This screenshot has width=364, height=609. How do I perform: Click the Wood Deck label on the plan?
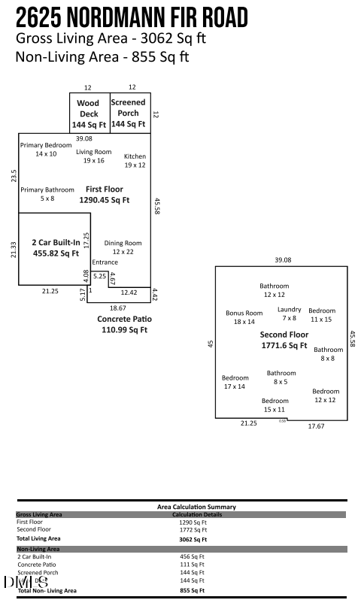click(x=89, y=114)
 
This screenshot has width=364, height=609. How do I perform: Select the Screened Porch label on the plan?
click(x=129, y=113)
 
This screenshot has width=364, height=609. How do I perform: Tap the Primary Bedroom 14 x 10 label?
click(x=46, y=149)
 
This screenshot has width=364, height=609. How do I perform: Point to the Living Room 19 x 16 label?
click(x=94, y=156)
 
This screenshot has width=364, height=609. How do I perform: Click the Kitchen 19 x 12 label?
click(x=135, y=160)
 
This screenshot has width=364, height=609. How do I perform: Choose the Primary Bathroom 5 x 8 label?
click(x=47, y=194)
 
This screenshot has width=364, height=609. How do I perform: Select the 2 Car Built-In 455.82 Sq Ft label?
click(x=56, y=248)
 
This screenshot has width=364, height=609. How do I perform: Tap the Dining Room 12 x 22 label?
click(x=123, y=247)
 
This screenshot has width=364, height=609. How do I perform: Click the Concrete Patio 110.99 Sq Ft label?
click(x=125, y=324)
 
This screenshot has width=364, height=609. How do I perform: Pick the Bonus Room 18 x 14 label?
click(x=244, y=317)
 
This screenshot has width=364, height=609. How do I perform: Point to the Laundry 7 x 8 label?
click(x=290, y=313)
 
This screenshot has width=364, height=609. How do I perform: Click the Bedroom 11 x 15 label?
click(x=322, y=314)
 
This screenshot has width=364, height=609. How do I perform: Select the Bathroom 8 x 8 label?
click(x=328, y=353)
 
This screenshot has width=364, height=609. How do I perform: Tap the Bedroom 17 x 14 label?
click(x=235, y=382)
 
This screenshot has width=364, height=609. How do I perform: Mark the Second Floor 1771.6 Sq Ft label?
click(x=284, y=340)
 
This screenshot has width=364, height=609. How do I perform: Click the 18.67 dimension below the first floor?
click(x=118, y=308)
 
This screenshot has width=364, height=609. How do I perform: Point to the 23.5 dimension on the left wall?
click(x=13, y=175)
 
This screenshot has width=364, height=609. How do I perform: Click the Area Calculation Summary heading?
click(x=196, y=507)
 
